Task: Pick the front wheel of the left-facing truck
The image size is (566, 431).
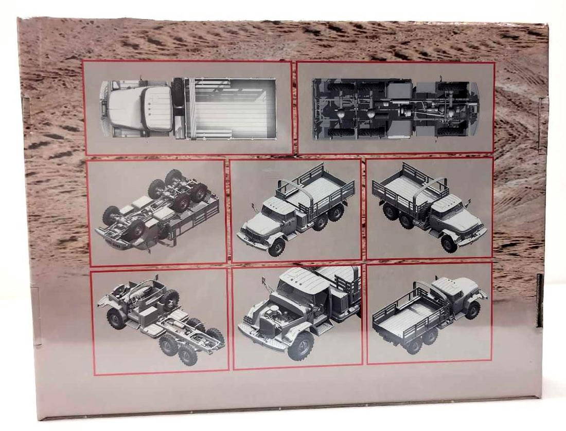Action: click(x=276, y=247)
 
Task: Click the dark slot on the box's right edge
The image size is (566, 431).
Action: click(x=539, y=301)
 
